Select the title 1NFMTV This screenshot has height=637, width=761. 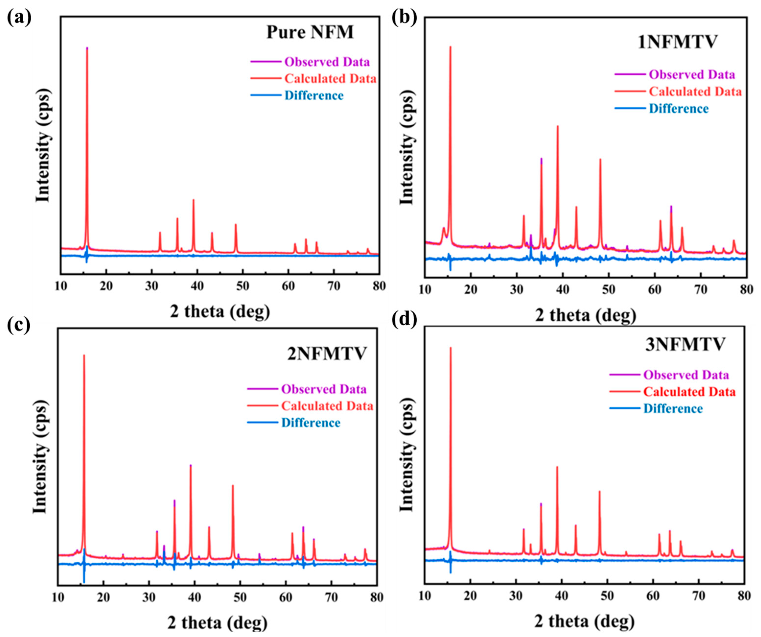[677, 42]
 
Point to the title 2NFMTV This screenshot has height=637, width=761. [327, 354]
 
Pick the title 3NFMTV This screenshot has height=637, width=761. [685, 344]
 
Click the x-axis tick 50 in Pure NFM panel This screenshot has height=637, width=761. [242, 286]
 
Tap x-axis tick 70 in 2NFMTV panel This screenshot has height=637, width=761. [331, 597]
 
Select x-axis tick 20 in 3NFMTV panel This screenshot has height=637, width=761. [470, 596]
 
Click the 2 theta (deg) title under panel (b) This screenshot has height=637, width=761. [585, 315]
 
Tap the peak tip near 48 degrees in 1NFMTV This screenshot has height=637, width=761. [600, 159]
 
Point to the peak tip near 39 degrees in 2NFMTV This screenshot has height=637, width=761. [190, 465]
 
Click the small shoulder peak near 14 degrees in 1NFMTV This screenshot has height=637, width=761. [443, 228]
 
